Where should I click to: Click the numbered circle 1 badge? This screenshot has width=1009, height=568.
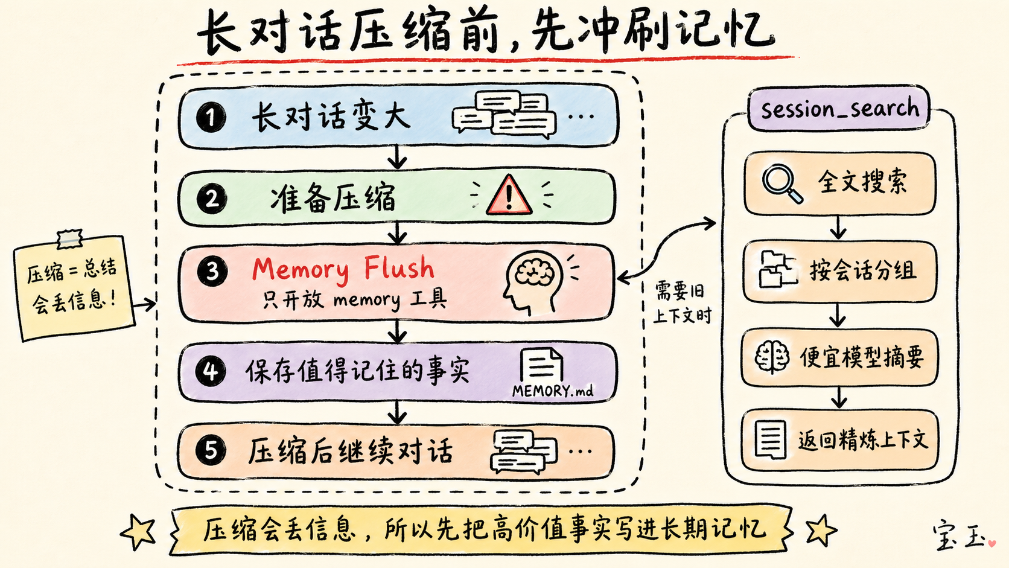click(x=211, y=117)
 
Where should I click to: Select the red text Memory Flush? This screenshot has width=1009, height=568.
click(x=343, y=269)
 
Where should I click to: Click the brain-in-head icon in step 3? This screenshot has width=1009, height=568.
click(x=532, y=281)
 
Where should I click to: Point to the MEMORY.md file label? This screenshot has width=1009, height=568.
click(x=552, y=391)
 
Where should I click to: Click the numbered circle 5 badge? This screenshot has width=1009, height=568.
click(x=211, y=450)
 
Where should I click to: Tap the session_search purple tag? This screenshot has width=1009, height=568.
click(x=839, y=109)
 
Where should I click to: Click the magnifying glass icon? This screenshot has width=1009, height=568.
click(x=781, y=183)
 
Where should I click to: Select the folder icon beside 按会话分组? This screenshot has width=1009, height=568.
click(x=777, y=269)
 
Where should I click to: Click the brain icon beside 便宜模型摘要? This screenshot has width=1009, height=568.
click(x=772, y=357)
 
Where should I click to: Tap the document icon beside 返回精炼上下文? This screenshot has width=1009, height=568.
click(x=771, y=439)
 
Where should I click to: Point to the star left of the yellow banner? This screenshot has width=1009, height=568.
click(x=139, y=532)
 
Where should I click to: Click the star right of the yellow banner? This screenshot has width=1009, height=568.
click(x=821, y=531)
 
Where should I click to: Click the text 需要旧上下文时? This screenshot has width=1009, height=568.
click(x=683, y=303)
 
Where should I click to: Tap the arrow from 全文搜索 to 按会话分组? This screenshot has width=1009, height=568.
click(x=838, y=228)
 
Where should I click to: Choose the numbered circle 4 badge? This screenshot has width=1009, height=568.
click(x=211, y=371)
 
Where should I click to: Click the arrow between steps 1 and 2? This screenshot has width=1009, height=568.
click(x=396, y=157)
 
